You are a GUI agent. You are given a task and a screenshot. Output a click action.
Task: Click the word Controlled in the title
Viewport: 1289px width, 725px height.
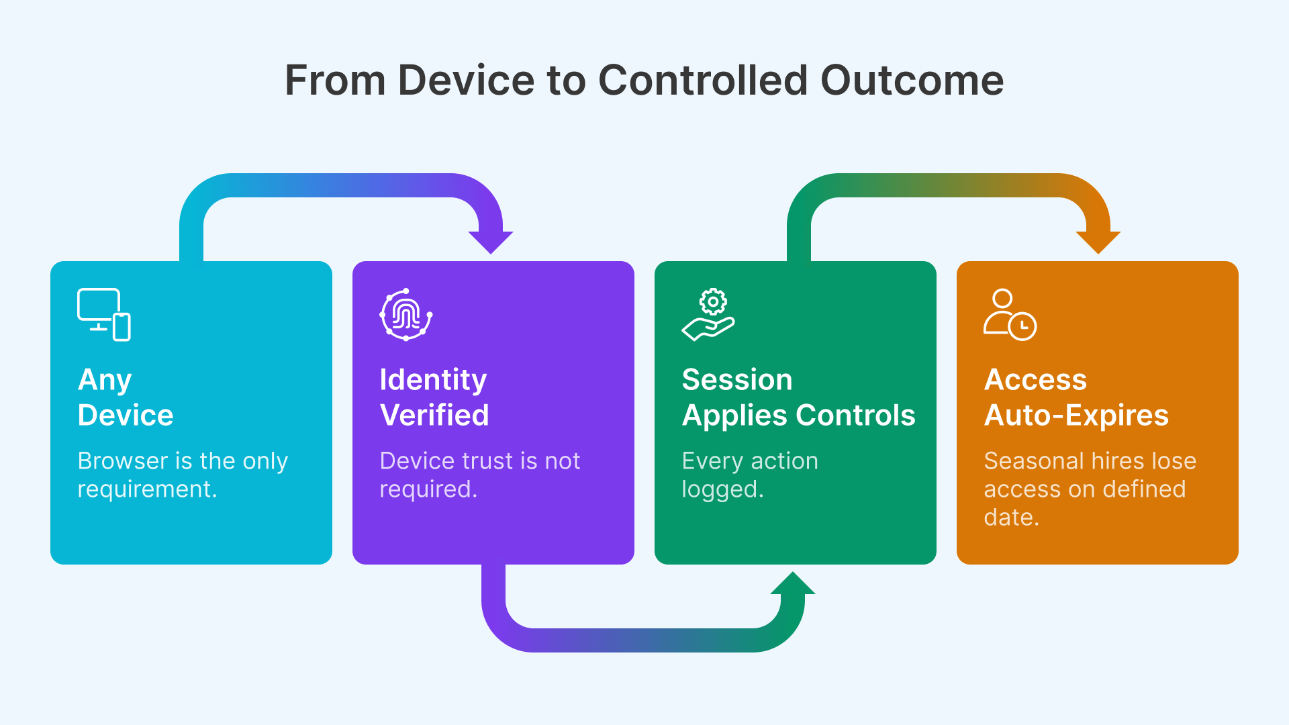[x=702, y=81]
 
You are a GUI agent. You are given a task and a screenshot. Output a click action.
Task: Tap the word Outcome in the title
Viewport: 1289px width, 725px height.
[x=912, y=81]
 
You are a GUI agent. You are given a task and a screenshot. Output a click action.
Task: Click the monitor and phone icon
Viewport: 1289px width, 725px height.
[x=104, y=315]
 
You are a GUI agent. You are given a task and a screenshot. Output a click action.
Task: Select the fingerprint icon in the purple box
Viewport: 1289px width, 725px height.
[x=406, y=315]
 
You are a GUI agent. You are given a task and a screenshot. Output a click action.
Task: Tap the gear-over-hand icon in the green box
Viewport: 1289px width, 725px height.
[x=709, y=315]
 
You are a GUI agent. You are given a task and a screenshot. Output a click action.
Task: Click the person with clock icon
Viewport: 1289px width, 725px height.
[x=1010, y=315]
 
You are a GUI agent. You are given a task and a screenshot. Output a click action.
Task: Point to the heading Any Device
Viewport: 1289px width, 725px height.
[x=126, y=397]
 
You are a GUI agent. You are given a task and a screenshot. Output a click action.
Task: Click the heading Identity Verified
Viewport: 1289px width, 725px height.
[x=434, y=397]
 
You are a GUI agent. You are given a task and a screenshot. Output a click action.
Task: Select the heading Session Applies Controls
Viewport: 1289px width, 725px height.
[x=798, y=397]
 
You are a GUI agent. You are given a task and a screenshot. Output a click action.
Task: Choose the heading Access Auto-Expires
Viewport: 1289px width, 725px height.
[x=1076, y=397]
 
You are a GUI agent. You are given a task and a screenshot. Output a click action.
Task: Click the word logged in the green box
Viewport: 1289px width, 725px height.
[x=722, y=489]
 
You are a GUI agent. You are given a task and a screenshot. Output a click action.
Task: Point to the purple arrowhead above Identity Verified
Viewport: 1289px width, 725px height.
[x=491, y=242]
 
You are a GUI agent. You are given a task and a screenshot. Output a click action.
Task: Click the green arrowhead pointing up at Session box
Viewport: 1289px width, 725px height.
[x=793, y=583]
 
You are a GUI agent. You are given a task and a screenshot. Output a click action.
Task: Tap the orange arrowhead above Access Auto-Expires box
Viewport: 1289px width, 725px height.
[x=1098, y=242]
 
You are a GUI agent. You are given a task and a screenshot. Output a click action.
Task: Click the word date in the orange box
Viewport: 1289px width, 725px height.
[x=1010, y=518]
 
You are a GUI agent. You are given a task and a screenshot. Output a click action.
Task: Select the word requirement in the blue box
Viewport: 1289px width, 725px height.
[x=146, y=489]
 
